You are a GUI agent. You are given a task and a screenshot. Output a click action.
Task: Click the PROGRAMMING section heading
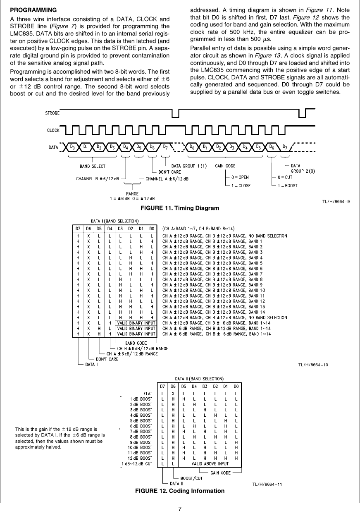pyautogui.click(x=33, y=9)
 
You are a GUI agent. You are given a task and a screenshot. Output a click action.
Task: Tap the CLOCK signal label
pyautogui.click(x=53, y=130)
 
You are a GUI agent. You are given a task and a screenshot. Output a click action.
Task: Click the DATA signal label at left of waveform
pyautogui.click(x=53, y=147)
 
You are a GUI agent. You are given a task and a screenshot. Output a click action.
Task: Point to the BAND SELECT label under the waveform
pyautogui.click(x=92, y=166)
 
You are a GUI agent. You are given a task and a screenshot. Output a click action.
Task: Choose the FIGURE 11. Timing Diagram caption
pyautogui.click(x=180, y=208)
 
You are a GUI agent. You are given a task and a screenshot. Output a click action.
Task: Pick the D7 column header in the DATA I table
pyautogui.click(x=77, y=228)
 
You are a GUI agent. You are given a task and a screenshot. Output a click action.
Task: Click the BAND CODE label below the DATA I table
pyautogui.click(x=136, y=342)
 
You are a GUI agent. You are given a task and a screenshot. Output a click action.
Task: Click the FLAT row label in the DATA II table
pyautogui.click(x=148, y=394)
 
